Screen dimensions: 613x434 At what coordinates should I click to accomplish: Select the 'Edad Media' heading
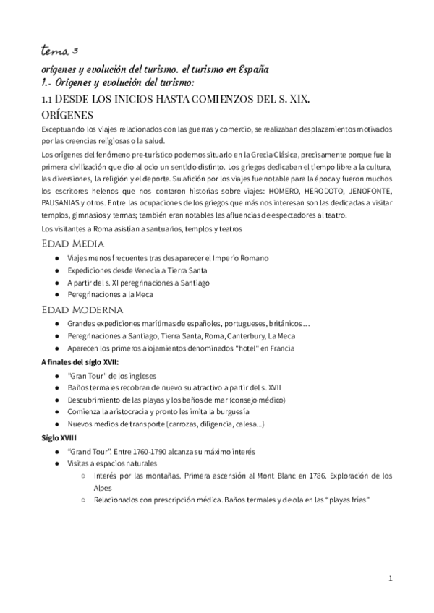click(73, 243)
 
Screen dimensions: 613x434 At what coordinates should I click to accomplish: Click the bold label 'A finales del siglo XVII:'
click(80, 361)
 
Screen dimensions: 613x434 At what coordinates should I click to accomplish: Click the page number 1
click(390, 578)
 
